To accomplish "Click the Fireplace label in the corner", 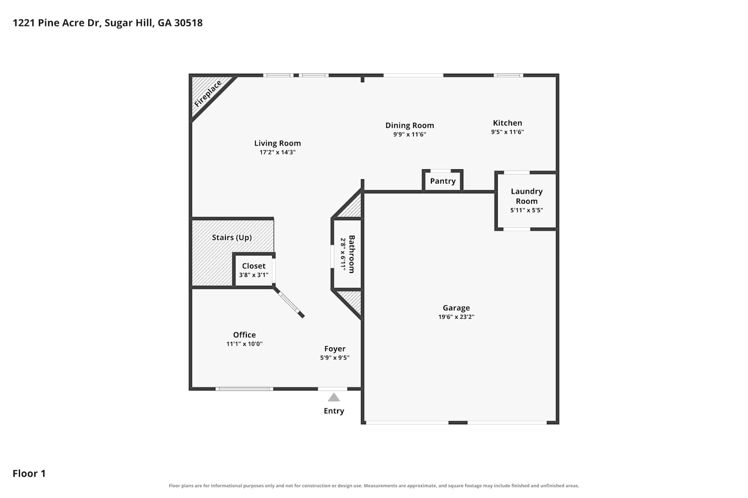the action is click(x=208, y=94).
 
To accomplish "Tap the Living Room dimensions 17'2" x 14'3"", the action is click(x=277, y=152).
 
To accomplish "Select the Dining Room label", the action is click(x=409, y=125).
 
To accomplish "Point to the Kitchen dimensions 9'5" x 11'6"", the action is click(x=507, y=132).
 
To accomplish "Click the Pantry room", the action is click(x=442, y=181).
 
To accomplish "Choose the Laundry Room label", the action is click(x=527, y=196).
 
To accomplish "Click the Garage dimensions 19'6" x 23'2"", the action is click(x=456, y=317).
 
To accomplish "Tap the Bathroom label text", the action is click(x=352, y=254).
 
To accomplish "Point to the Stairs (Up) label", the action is click(x=232, y=238).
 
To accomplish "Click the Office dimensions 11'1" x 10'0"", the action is click(x=244, y=344).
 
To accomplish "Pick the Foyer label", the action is click(x=335, y=349).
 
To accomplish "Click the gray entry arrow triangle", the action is click(x=334, y=397).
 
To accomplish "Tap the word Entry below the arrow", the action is click(x=334, y=411).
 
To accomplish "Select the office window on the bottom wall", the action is click(x=244, y=389).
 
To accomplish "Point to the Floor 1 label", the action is click(x=29, y=474).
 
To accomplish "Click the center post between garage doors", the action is click(x=458, y=423).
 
